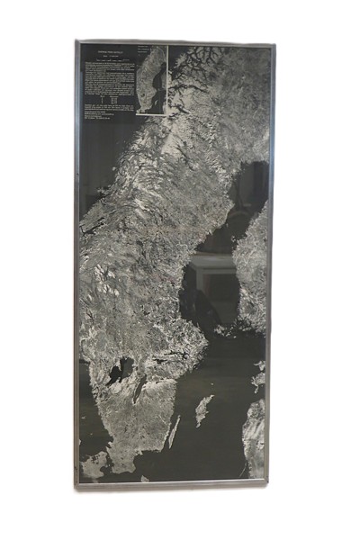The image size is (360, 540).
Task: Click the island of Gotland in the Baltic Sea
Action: [x=204, y=409]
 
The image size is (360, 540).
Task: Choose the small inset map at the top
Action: [x=151, y=80]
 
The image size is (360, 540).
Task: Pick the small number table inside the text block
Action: [x=110, y=97]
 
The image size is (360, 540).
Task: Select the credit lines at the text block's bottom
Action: [x=104, y=115]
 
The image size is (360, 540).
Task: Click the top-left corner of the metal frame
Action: [x=77, y=41]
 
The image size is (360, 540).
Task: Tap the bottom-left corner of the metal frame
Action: [x=76, y=485]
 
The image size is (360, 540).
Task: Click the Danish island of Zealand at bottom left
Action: [x=93, y=466]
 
